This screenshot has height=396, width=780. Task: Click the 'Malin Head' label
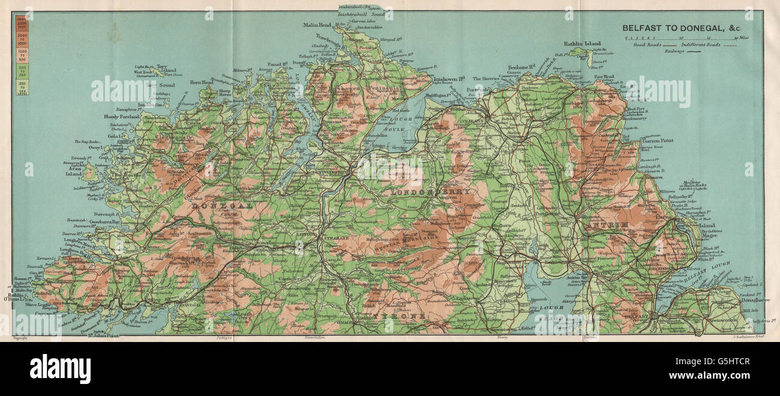[317, 25]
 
